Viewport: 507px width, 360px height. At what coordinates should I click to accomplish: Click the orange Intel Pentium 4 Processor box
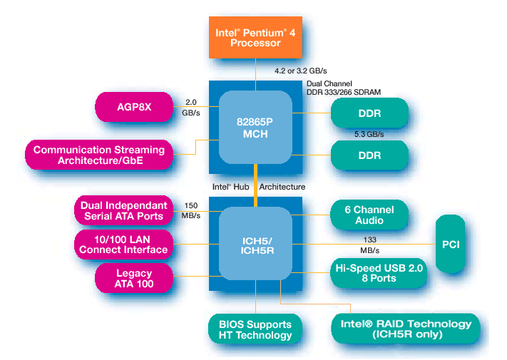pyautogui.click(x=255, y=37)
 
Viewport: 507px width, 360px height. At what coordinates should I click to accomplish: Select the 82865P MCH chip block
pyautogui.click(x=255, y=127)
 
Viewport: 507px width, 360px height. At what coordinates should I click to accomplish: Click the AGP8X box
pyautogui.click(x=135, y=107)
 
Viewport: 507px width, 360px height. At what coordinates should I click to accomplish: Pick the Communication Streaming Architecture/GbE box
pyautogui.click(x=99, y=155)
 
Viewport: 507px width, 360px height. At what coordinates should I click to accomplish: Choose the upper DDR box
pyautogui.click(x=369, y=113)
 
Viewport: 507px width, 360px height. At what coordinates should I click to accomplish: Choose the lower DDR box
pyautogui.click(x=369, y=155)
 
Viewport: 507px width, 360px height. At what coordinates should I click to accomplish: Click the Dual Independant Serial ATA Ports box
pyautogui.click(x=123, y=210)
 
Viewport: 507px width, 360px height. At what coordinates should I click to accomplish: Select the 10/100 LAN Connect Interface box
pyautogui.click(x=123, y=243)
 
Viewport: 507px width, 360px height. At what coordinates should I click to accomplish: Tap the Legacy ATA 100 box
pyautogui.click(x=135, y=278)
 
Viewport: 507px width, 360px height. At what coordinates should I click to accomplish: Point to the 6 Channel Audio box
pyautogui.click(x=369, y=215)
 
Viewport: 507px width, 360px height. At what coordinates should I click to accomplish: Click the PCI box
pyautogui.click(x=450, y=245)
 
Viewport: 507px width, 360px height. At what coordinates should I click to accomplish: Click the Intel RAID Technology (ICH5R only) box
pyautogui.click(x=405, y=329)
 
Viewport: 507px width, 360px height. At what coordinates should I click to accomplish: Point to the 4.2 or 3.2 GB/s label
pyautogui.click(x=300, y=71)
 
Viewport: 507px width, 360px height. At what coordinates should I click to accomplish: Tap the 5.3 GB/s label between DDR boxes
pyautogui.click(x=369, y=134)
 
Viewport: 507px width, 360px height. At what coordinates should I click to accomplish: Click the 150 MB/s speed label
pyautogui.click(x=190, y=210)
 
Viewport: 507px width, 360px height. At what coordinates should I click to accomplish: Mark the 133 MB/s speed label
pyautogui.click(x=369, y=245)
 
